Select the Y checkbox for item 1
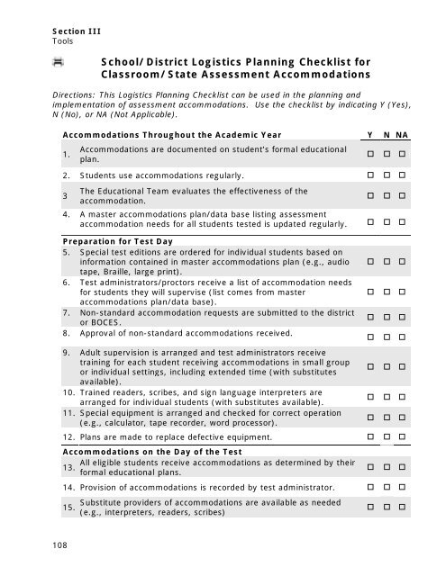(370, 155)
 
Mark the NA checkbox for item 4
(403, 221)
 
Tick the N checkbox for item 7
(387, 317)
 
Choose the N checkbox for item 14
(387, 486)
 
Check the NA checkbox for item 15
(403, 507)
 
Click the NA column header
(403, 136)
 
